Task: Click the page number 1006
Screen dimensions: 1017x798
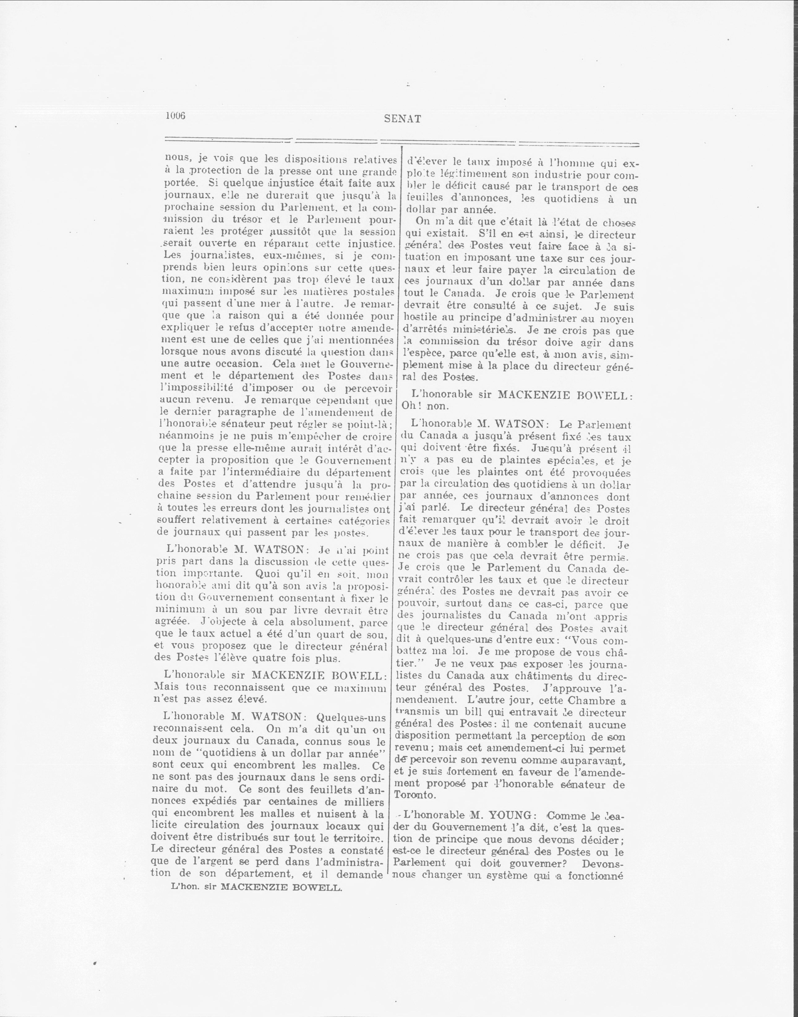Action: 175,116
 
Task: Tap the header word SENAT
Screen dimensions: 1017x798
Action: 402,119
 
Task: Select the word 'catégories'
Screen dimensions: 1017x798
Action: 364,521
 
